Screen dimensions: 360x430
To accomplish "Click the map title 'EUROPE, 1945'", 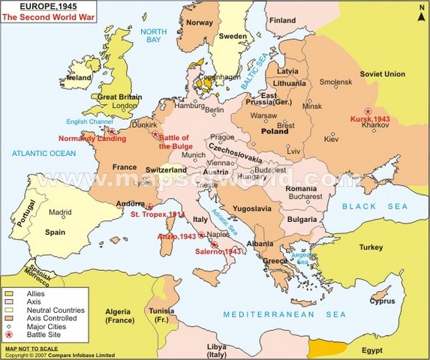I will [38, 6].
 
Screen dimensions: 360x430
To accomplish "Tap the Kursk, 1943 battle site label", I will [369, 119].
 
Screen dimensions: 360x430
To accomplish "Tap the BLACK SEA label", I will [374, 205].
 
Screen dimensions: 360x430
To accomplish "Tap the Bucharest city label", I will [305, 196].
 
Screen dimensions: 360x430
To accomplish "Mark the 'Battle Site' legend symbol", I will [9, 335].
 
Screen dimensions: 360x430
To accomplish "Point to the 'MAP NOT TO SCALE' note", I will [31, 349].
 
